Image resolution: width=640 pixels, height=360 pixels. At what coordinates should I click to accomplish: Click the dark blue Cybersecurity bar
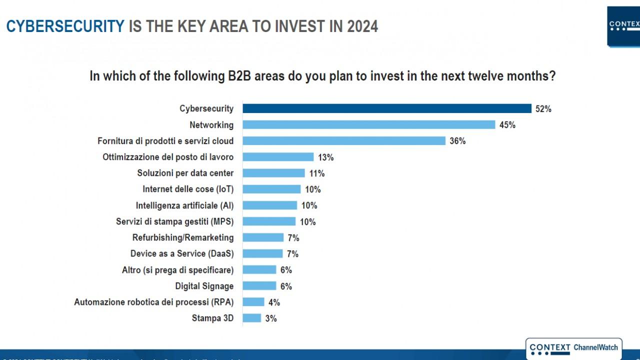387,108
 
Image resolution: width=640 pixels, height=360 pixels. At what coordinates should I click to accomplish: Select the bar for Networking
368,124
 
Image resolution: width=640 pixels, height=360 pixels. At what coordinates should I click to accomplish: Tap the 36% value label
457,141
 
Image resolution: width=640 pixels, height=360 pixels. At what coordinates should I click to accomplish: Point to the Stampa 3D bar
252,318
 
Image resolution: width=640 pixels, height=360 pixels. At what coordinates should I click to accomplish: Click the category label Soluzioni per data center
185,173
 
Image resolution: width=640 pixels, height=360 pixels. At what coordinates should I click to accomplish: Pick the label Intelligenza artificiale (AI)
184,205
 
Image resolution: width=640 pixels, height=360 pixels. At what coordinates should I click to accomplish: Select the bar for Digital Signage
259,286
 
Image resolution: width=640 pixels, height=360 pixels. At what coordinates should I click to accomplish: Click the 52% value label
543,108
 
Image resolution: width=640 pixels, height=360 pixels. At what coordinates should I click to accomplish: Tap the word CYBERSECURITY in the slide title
65,26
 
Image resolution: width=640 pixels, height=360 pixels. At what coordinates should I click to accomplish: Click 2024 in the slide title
361,26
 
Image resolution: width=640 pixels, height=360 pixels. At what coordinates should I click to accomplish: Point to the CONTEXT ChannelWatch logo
573,348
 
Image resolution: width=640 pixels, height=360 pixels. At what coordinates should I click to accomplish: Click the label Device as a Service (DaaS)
182,253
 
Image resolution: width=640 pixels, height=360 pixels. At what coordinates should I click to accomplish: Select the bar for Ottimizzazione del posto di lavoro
278,157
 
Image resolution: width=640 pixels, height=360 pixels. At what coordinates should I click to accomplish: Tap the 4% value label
274,302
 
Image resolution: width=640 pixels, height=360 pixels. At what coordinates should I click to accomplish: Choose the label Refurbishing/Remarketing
183,237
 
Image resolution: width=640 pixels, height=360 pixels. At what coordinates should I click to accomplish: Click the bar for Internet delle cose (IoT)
271,189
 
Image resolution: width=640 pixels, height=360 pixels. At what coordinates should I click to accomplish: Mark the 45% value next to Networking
507,125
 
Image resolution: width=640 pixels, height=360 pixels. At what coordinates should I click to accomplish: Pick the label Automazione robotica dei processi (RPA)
154,302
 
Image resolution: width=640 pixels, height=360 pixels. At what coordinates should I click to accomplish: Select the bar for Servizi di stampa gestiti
269,221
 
